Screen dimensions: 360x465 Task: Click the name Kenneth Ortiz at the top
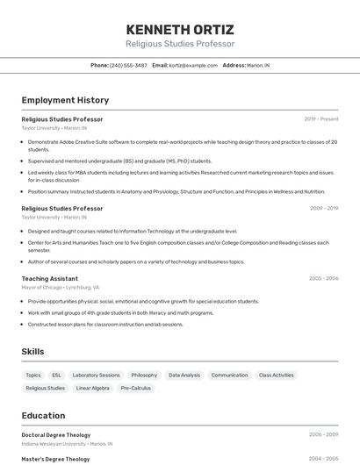click(x=180, y=29)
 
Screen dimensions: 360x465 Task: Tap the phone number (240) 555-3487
click(x=128, y=66)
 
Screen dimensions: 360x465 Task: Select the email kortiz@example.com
click(x=192, y=66)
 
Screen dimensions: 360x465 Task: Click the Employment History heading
click(x=65, y=101)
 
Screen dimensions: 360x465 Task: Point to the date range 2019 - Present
click(x=320, y=119)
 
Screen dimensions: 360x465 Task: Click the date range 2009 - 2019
click(x=323, y=209)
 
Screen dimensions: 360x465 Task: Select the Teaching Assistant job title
click(x=49, y=279)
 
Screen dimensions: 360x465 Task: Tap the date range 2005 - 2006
click(x=323, y=279)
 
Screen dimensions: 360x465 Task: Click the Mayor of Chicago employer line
click(x=61, y=288)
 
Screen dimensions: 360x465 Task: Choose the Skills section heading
click(x=33, y=351)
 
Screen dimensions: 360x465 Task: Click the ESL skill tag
click(x=57, y=375)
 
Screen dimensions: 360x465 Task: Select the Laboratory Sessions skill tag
click(x=96, y=375)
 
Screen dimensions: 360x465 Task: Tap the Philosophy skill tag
click(x=144, y=375)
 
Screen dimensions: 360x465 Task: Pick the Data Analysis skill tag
click(x=184, y=375)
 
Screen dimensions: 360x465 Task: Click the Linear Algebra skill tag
click(x=93, y=388)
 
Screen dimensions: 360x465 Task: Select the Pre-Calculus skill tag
click(x=136, y=388)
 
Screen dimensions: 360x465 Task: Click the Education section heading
click(x=44, y=416)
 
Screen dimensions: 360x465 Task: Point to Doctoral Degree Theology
click(x=56, y=434)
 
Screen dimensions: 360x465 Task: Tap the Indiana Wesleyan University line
click(x=67, y=444)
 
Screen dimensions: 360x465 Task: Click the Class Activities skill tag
click(x=277, y=375)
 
